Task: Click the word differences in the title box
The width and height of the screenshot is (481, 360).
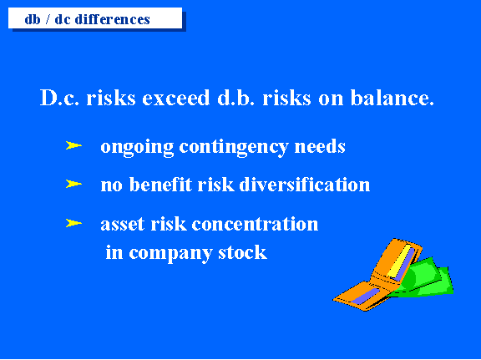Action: pyautogui.click(x=112, y=19)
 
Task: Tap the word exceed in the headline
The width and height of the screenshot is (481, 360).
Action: pyautogui.click(x=176, y=98)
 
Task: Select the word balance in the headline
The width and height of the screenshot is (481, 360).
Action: pyautogui.click(x=392, y=98)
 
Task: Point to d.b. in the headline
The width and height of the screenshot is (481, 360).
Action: pyautogui.click(x=235, y=98)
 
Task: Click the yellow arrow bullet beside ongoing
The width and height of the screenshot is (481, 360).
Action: pyautogui.click(x=73, y=145)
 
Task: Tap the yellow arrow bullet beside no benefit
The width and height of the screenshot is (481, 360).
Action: pyautogui.click(x=73, y=184)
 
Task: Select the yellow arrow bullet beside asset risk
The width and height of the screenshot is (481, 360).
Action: pyautogui.click(x=73, y=223)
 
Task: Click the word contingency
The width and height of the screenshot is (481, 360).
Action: pyautogui.click(x=234, y=148)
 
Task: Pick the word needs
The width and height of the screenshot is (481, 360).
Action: pyautogui.click(x=320, y=146)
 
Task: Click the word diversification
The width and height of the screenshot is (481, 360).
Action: pyautogui.click(x=305, y=185)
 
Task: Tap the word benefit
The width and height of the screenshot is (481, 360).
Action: pyautogui.click(x=160, y=185)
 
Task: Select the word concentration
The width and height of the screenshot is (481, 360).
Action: pyautogui.click(x=255, y=224)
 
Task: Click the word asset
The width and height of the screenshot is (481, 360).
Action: pyautogui.click(x=123, y=224)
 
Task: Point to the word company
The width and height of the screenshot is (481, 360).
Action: pyautogui.click(x=170, y=254)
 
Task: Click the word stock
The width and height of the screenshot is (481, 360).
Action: pyautogui.click(x=242, y=252)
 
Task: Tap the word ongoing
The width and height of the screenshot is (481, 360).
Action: pyautogui.click(x=137, y=148)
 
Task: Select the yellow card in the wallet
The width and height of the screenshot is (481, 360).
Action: pyautogui.click(x=400, y=261)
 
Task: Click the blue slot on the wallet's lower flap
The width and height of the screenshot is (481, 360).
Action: pyautogui.click(x=365, y=296)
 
